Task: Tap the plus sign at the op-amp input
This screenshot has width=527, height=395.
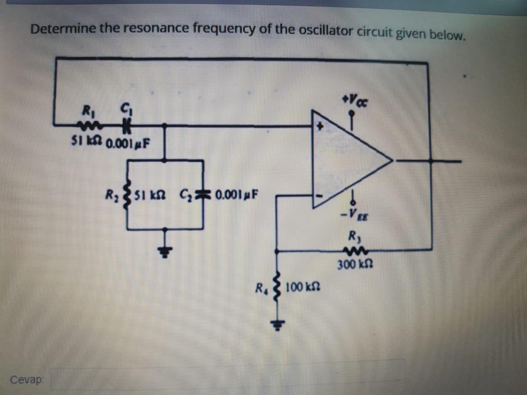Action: tap(318, 127)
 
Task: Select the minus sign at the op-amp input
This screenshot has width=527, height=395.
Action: tap(318, 196)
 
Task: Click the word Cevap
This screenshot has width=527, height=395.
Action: tap(26, 379)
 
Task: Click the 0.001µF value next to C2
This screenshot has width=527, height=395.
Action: tap(237, 194)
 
